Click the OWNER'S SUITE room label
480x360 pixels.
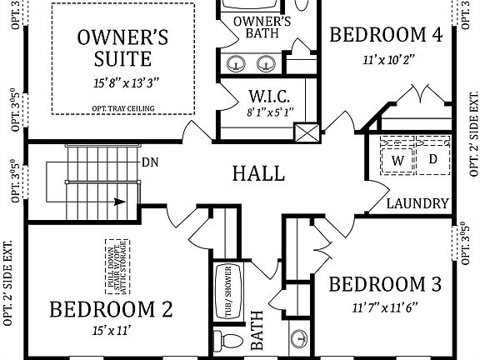click(x=123, y=47)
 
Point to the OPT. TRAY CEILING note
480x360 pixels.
click(x=123, y=107)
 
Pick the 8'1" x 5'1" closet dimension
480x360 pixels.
click(x=268, y=112)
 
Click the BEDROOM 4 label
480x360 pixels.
click(x=385, y=35)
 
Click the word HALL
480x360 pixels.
click(x=258, y=173)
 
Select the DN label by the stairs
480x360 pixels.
click(x=150, y=162)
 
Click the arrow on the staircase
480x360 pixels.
click(x=121, y=201)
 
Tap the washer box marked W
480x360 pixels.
click(x=397, y=158)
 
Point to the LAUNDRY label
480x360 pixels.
click(x=418, y=203)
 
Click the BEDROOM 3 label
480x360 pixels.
click(x=385, y=285)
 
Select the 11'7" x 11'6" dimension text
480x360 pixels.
click(x=385, y=307)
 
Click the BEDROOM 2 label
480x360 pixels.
click(x=111, y=310)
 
